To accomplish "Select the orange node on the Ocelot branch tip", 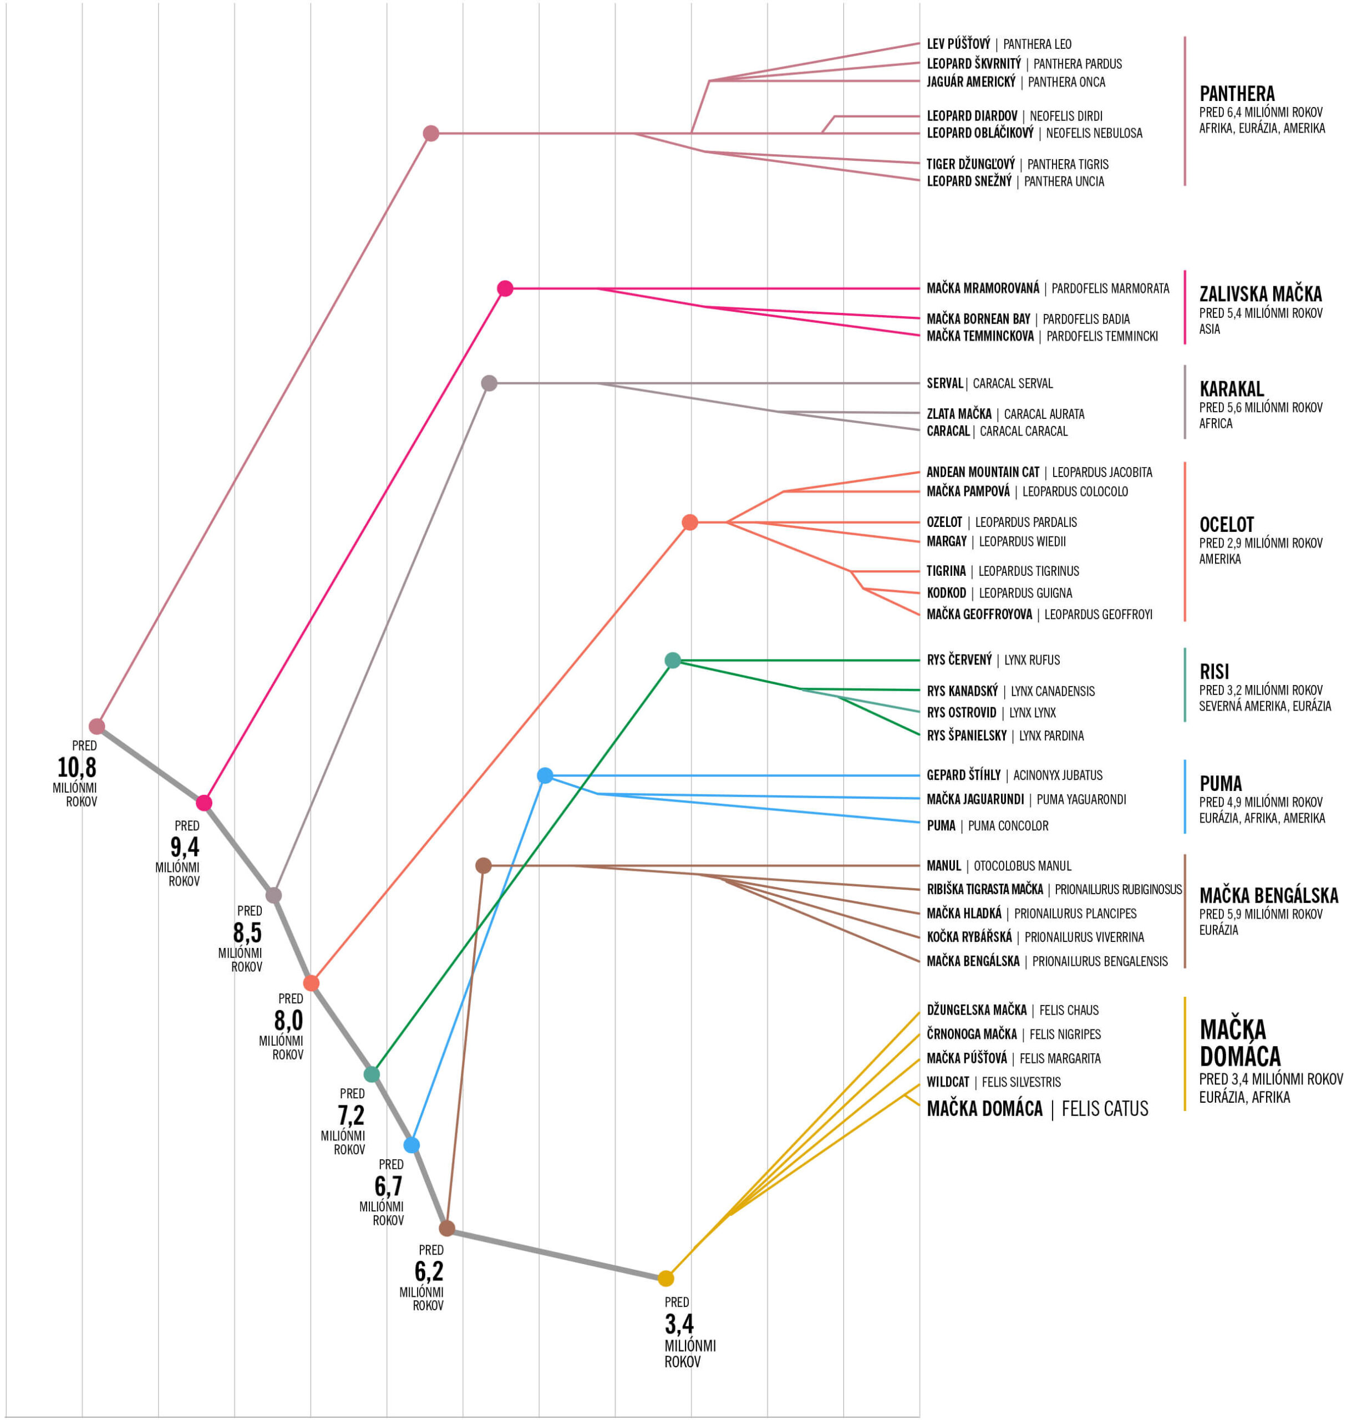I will pos(690,523).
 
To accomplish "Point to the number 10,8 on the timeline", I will pos(77,767).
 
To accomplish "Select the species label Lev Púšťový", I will pos(958,44).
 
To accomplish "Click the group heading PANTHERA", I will pos(1237,93).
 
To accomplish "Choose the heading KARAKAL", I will pos(1232,388).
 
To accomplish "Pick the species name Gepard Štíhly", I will pos(963,775).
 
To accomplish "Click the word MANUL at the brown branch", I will pos(944,866).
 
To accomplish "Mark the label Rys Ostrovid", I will pos(961,713).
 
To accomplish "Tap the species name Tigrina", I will pos(946,571).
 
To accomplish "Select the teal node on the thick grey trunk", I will pos(372,1074).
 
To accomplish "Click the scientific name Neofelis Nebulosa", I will pos(1094,133).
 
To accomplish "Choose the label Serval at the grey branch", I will pos(944,383).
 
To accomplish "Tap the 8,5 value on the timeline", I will pos(247,932).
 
